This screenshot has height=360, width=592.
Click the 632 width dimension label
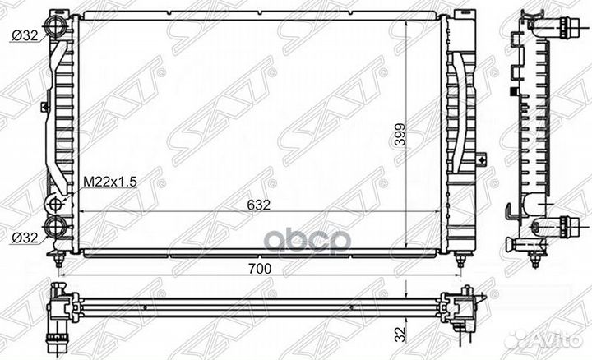pos(259,205)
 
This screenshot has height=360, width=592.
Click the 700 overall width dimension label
pos(260,269)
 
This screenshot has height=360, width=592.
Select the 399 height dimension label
pos(400,135)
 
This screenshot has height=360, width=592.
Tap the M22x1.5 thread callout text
pos(110,182)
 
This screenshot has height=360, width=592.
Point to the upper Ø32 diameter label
pos(25,35)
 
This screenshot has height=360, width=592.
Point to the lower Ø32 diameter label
pos(25,238)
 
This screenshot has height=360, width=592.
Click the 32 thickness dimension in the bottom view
pos(400,335)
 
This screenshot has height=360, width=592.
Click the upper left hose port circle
pos(56,25)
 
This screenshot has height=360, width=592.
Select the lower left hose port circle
pos(56,226)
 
